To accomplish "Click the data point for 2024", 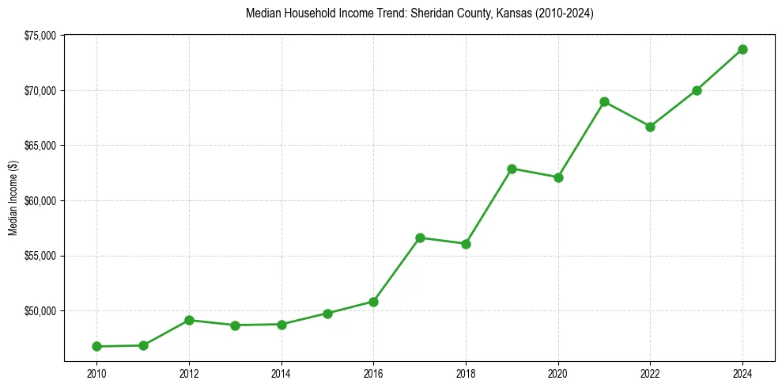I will (x=742, y=49).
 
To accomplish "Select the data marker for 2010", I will (x=96, y=346).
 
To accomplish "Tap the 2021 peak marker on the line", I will (x=604, y=101).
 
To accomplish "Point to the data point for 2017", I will (x=420, y=238).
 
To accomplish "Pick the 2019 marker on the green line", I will (x=512, y=169).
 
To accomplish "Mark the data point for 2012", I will (x=189, y=320).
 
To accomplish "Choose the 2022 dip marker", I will (x=650, y=127).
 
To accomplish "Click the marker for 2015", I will (x=327, y=314).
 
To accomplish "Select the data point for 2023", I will (x=697, y=90).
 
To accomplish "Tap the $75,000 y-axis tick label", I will (x=40, y=36).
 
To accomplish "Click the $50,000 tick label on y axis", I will (x=40, y=310).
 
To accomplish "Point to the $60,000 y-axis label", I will (x=40, y=200).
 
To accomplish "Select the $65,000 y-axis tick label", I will (x=40, y=146).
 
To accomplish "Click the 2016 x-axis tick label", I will (x=373, y=374).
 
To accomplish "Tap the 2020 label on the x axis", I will (x=558, y=374).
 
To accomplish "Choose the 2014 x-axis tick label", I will (x=281, y=374).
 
